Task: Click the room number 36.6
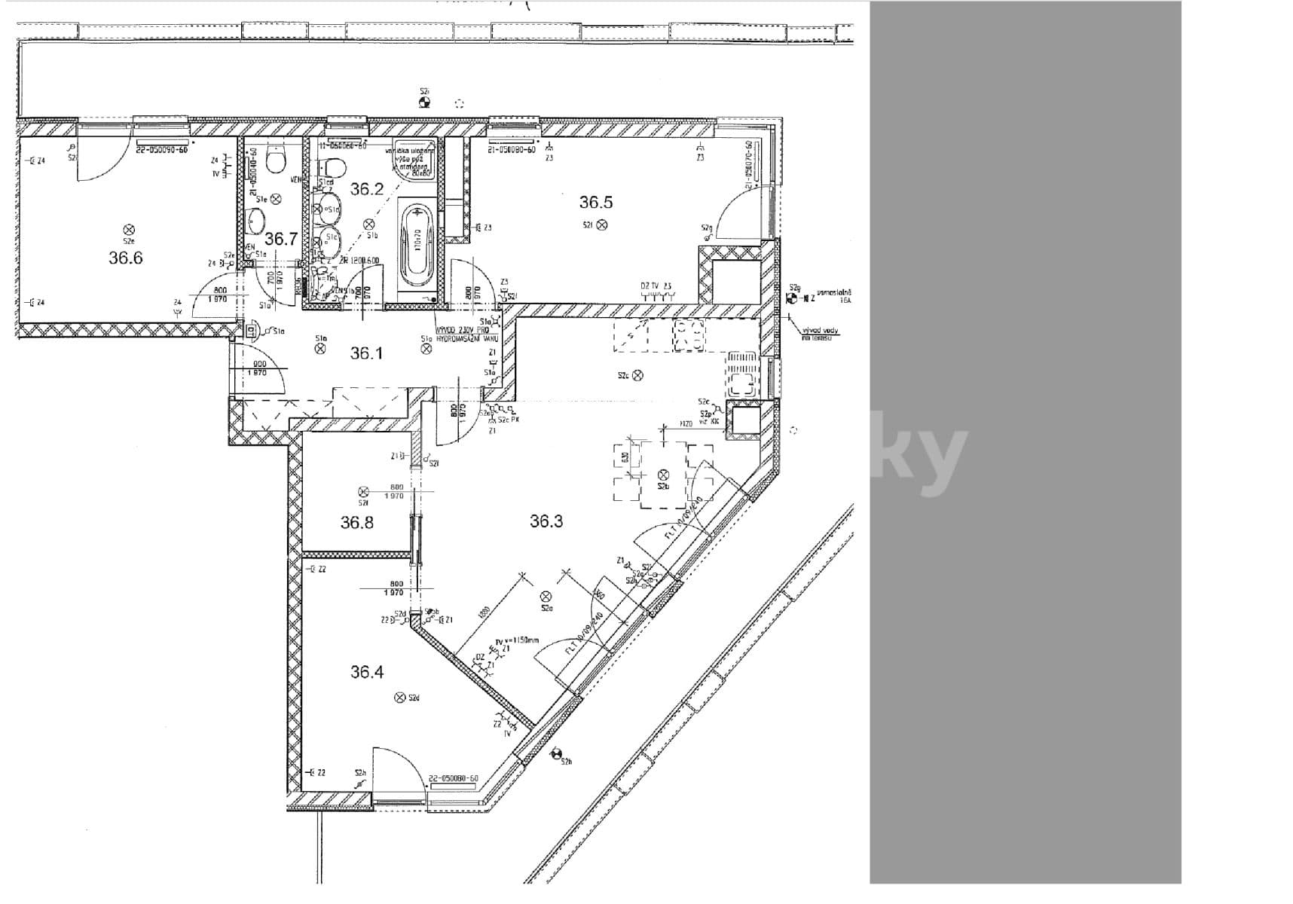(125, 258)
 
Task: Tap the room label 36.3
(546, 521)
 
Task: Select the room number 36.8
(356, 522)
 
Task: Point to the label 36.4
(367, 671)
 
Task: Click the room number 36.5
(596, 202)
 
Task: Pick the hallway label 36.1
(366, 353)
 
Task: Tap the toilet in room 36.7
(277, 160)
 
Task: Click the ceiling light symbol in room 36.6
(129, 230)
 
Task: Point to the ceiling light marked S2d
(401, 698)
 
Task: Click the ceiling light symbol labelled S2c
(637, 375)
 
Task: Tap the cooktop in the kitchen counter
(689, 335)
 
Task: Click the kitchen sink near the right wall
(741, 374)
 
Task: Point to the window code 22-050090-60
(161, 150)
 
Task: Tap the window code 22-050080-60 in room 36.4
(453, 779)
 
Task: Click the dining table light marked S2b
(663, 475)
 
